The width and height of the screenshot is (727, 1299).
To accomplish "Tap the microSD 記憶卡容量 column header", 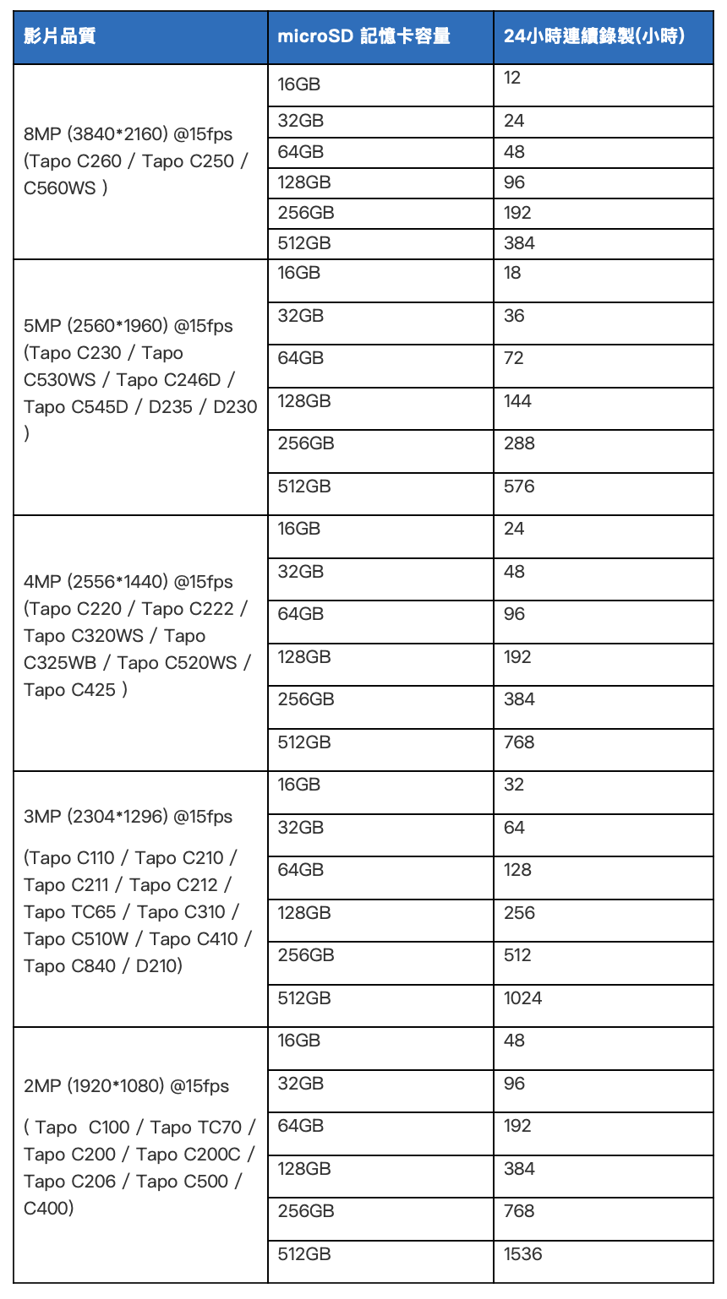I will (x=363, y=36).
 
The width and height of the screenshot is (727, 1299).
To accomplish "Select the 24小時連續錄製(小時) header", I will (x=594, y=36).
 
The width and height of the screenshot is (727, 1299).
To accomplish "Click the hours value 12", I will (x=512, y=79).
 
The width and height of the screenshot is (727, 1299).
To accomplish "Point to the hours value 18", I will (x=512, y=273).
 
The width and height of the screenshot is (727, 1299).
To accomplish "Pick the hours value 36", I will (x=514, y=316).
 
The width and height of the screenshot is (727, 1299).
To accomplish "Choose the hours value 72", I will (x=514, y=358).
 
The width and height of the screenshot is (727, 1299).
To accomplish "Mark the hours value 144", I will (x=517, y=401).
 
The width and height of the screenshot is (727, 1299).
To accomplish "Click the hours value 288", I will (x=519, y=443).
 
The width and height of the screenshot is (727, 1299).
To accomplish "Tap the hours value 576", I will (x=519, y=486).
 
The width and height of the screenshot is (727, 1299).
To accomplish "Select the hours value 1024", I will (x=522, y=998).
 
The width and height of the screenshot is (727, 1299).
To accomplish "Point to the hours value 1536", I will (x=522, y=1254).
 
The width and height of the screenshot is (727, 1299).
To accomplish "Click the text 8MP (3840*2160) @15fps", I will (x=128, y=134).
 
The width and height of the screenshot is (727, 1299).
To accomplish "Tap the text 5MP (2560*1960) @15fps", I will (x=128, y=326).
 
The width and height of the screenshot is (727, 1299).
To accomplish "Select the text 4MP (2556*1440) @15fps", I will (x=128, y=582).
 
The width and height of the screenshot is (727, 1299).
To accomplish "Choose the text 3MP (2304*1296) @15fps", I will (x=128, y=817).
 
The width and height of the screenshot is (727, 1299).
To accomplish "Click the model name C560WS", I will (x=60, y=188).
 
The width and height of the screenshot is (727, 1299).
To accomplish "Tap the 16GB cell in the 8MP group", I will (x=299, y=84).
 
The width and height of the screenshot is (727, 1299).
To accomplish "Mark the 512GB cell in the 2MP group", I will (x=304, y=1254).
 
